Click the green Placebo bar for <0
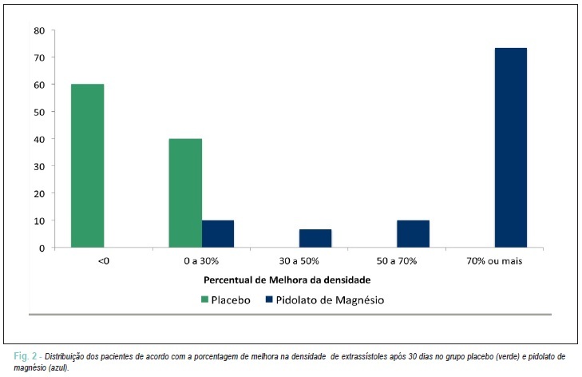click(88, 165)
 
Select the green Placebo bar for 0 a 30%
click(185, 193)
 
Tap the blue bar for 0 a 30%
click(218, 234)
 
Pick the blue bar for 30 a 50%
click(315, 239)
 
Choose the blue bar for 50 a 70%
click(413, 234)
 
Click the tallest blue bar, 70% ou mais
click(511, 148)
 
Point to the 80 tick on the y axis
click(39, 31)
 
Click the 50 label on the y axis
click(39, 112)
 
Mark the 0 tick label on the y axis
click(42, 248)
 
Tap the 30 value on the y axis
click(39, 166)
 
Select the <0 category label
click(104, 261)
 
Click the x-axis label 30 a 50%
click(299, 261)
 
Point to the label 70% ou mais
click(494, 261)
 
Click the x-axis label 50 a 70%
click(397, 261)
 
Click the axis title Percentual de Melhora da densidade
click(287, 280)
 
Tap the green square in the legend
click(204, 300)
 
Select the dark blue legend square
click(269, 299)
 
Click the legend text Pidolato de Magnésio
click(330, 300)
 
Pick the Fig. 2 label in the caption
click(26, 356)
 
